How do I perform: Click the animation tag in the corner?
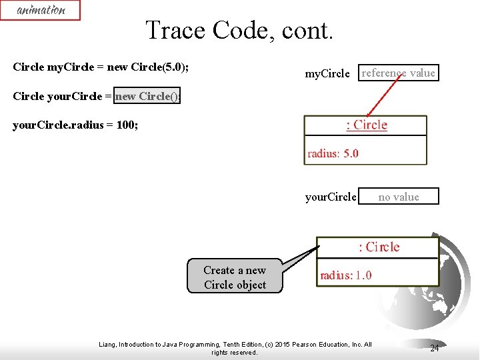coord(40,10)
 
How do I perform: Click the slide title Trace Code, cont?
coord(239,30)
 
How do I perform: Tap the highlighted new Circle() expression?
coord(147,96)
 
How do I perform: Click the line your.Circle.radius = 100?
coord(75,125)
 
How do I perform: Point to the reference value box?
coord(399,73)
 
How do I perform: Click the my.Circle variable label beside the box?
coord(327,74)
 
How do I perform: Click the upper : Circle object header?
coord(366,125)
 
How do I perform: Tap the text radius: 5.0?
coord(333,153)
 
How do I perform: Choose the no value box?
coord(399,197)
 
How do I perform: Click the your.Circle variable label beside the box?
coord(331,197)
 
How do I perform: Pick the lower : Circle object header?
coord(378,247)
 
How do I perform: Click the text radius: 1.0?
coord(346,275)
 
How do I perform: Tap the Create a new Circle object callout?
coord(235,277)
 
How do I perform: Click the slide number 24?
coord(434,348)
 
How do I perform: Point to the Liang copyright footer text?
coord(235,348)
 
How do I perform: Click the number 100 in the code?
coord(125,125)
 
